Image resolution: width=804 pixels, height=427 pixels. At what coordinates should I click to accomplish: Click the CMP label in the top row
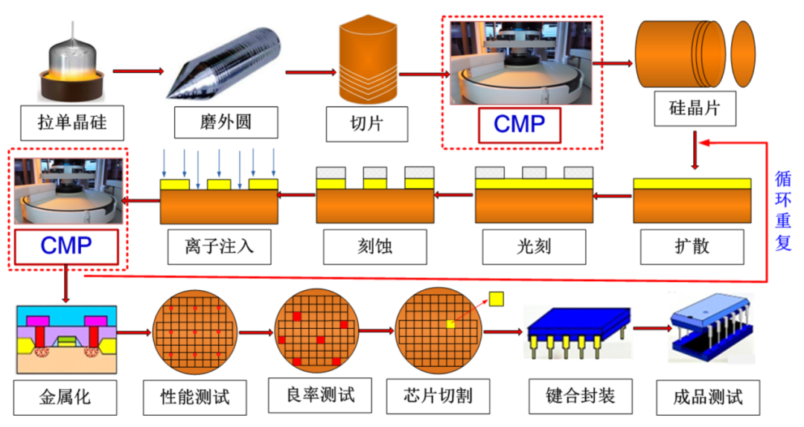(519, 124)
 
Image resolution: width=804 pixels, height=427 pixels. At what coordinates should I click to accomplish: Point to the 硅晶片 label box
(695, 108)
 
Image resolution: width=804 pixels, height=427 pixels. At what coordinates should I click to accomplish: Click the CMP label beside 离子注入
(68, 246)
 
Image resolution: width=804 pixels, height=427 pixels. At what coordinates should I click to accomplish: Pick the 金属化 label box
(65, 395)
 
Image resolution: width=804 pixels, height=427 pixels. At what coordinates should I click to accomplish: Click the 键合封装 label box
(571, 394)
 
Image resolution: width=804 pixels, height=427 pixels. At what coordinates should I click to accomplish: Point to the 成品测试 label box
(708, 395)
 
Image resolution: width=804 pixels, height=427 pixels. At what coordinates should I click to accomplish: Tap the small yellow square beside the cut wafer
(497, 298)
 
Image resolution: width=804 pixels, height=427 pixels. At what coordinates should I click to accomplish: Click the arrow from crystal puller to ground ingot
(137, 72)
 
